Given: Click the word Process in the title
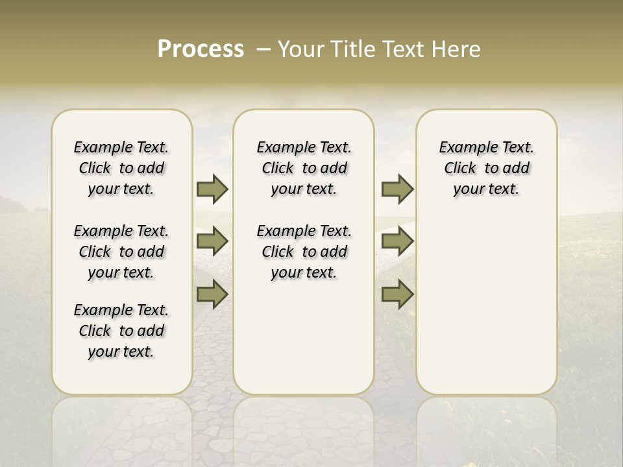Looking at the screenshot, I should pyautogui.click(x=201, y=49).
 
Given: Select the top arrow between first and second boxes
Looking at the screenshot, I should pyautogui.click(x=212, y=189).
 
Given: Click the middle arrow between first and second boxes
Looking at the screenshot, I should pyautogui.click(x=212, y=241).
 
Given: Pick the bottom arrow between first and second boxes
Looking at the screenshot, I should pyautogui.click(x=212, y=294).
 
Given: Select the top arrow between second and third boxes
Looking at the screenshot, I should pyautogui.click(x=397, y=189).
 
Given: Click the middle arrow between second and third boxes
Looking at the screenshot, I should pyautogui.click(x=397, y=241).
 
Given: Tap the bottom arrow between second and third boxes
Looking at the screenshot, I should pyautogui.click(x=397, y=294).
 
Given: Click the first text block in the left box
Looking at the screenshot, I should pyautogui.click(x=121, y=168).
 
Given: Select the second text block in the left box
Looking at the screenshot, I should pyautogui.click(x=121, y=252).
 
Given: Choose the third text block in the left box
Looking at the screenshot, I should pyautogui.click(x=121, y=331).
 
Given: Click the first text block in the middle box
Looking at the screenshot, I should pyautogui.click(x=304, y=168).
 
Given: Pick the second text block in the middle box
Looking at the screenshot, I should pyautogui.click(x=304, y=252).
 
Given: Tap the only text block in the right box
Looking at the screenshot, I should pyautogui.click(x=487, y=168).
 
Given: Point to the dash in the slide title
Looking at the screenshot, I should pyautogui.click(x=263, y=49).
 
